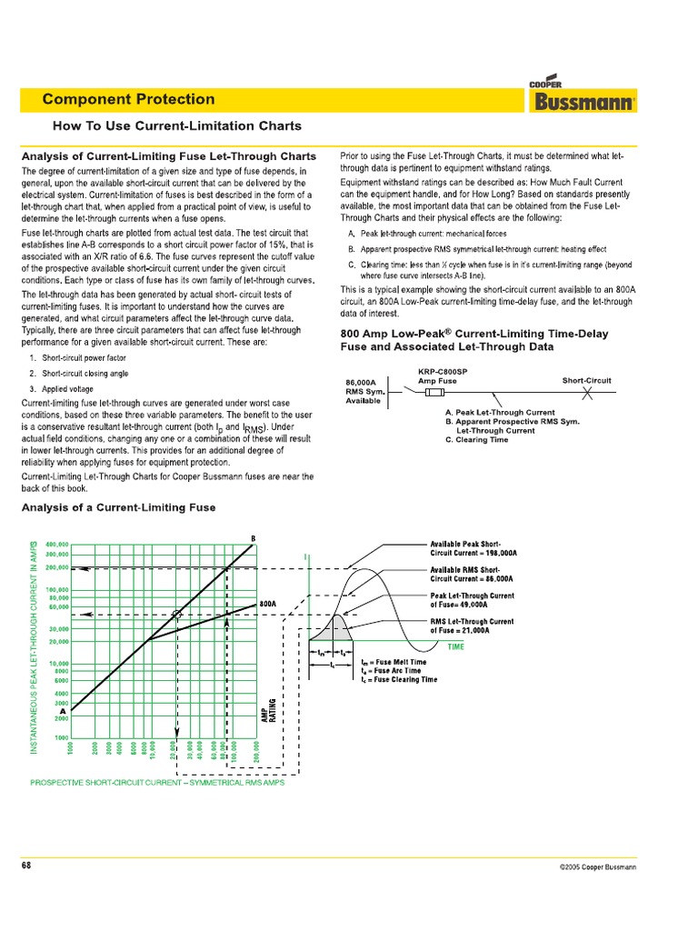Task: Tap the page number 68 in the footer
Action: (x=27, y=866)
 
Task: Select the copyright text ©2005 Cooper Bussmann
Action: (x=597, y=867)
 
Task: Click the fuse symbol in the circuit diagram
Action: (x=435, y=393)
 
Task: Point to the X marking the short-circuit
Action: (x=587, y=393)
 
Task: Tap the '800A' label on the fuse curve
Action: (x=267, y=603)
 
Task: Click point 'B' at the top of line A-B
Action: (x=253, y=538)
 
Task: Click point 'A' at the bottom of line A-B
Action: (x=62, y=711)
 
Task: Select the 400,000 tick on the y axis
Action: (x=57, y=545)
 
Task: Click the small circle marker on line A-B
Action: (x=177, y=615)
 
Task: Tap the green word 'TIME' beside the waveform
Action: (x=455, y=646)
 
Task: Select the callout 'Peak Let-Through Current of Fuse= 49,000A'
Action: (x=472, y=600)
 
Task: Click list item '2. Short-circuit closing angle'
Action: (x=79, y=374)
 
